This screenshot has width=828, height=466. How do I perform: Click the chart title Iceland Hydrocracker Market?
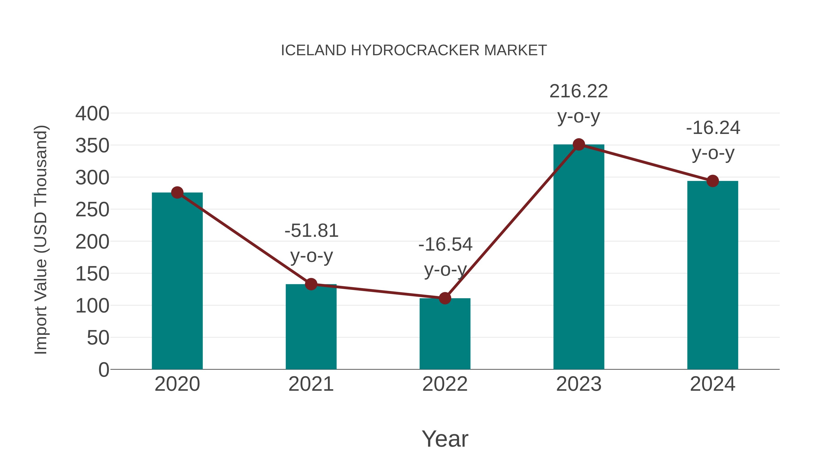414,50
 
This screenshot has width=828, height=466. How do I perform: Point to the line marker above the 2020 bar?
177,193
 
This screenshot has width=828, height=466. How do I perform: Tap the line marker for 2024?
713,181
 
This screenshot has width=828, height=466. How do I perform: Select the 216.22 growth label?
579,91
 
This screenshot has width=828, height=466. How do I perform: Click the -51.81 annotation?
311,231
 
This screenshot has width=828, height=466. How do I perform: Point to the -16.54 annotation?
445,245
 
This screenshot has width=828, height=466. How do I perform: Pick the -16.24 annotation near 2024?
713,128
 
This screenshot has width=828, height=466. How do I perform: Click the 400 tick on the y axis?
92,114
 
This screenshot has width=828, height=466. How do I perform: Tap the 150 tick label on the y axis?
92,274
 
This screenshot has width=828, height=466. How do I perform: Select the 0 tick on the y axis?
103,370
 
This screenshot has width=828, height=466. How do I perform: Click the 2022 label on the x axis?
445,384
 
